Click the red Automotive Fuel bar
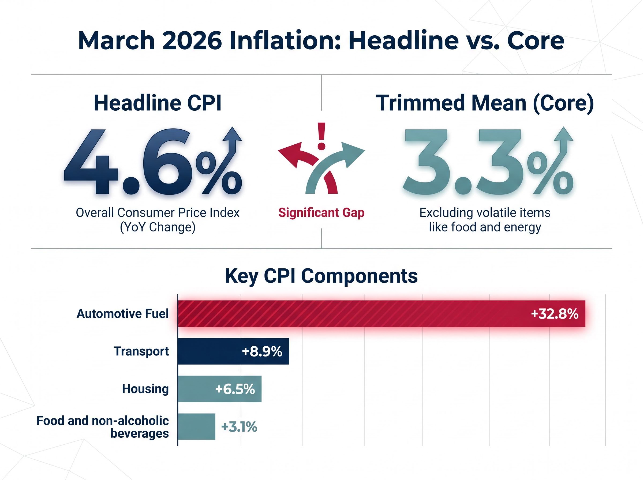349,313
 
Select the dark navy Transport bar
209,351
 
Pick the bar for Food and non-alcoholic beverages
196,426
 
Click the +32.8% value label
554,314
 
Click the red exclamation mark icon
321,136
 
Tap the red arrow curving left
296,154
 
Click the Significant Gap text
321,213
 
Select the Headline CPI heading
158,103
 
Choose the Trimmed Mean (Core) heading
485,103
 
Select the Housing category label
145,389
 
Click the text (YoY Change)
158,227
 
